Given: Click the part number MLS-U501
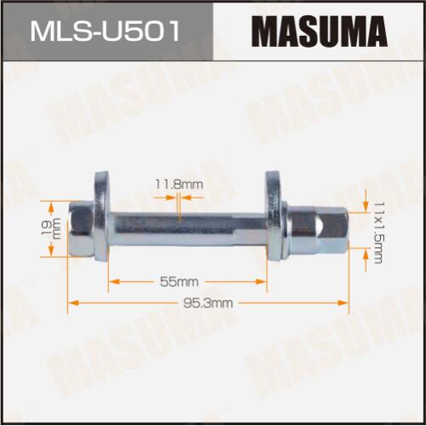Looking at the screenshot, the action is [105, 31].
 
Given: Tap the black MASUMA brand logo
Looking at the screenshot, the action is [319, 31].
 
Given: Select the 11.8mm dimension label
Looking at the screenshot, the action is [179, 185].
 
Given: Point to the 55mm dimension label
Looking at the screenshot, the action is [179, 282].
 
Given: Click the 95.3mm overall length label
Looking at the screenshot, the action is [208, 303].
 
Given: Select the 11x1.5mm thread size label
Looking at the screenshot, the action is [378, 233].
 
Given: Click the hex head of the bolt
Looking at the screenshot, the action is [82, 228].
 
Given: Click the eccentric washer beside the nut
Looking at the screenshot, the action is [274, 215].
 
